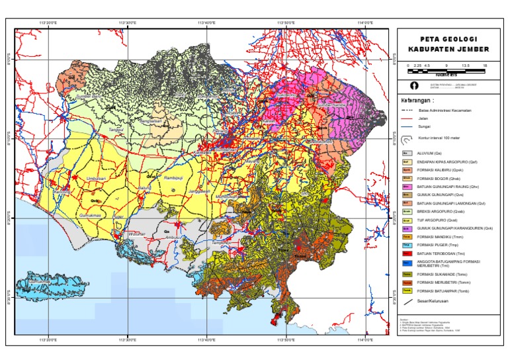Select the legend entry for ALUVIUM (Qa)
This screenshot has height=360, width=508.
(x=433, y=153)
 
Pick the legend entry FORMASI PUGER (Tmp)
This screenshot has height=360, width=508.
(x=440, y=245)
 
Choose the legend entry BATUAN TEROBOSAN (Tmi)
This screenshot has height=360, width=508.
(x=443, y=253)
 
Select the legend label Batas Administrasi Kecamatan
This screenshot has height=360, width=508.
(x=444, y=110)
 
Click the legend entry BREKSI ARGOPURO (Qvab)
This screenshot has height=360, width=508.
(x=443, y=211)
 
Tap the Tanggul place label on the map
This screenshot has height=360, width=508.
(x=116, y=130)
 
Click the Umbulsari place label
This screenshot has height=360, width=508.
(x=97, y=179)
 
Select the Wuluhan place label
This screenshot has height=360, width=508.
(x=137, y=234)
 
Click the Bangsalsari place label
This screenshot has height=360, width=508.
(x=151, y=122)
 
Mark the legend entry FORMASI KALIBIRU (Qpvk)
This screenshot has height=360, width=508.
(x=443, y=169)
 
